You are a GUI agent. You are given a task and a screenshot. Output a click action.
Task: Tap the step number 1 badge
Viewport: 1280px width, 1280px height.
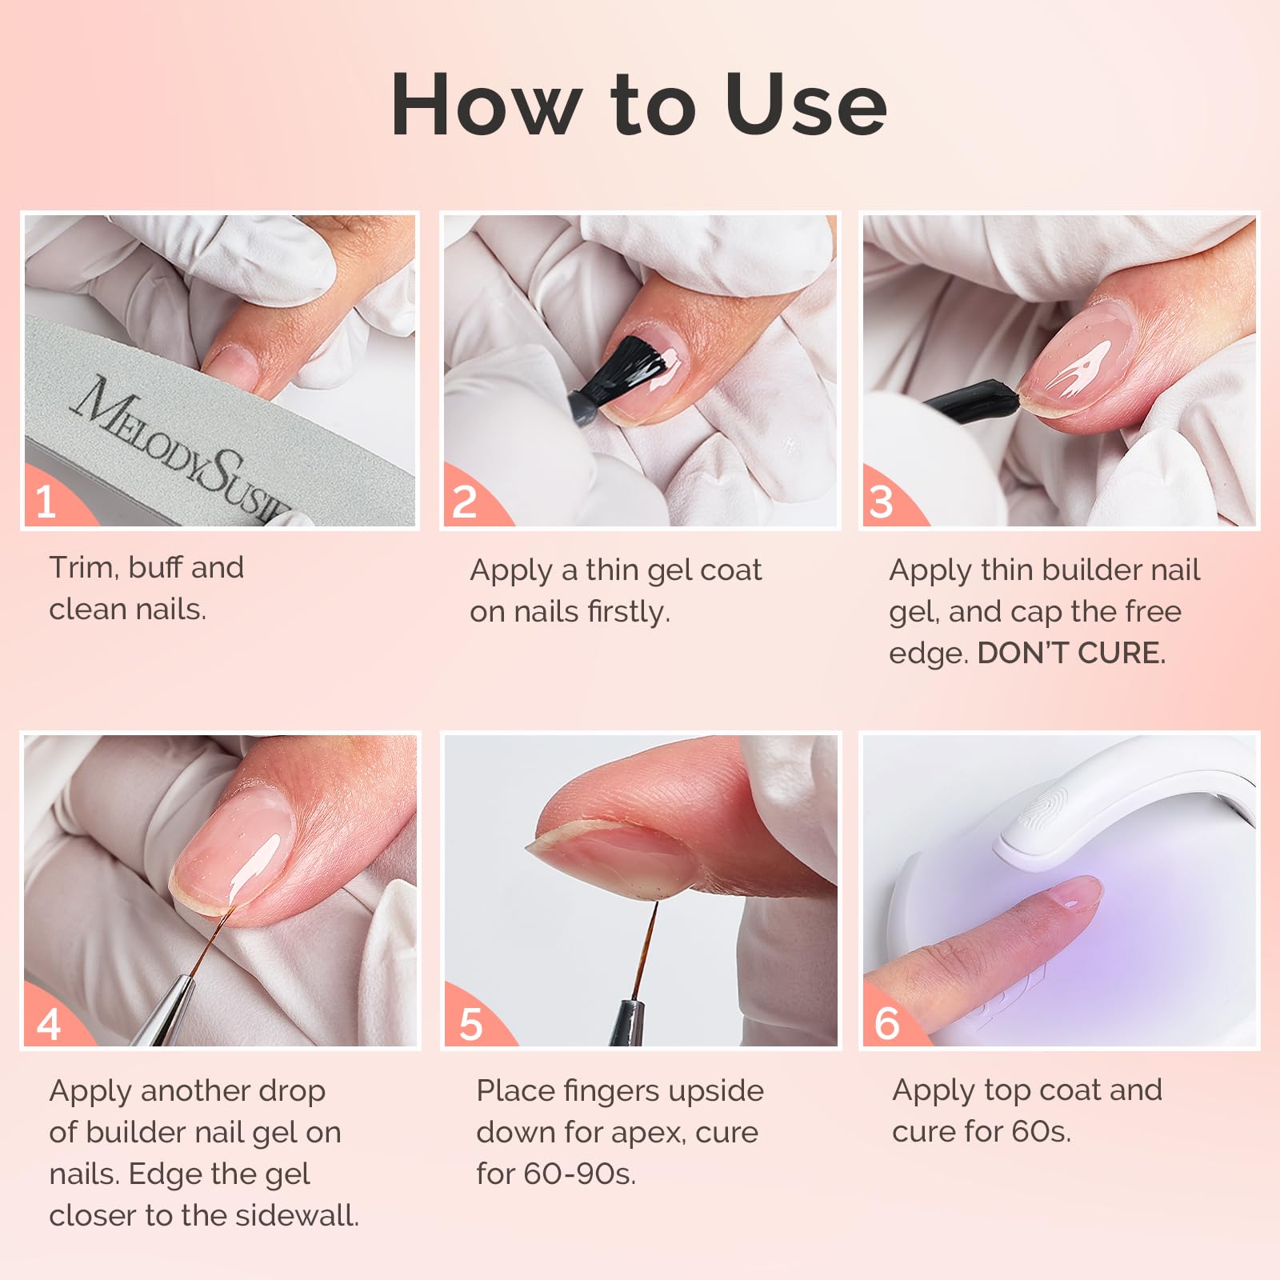point(46,502)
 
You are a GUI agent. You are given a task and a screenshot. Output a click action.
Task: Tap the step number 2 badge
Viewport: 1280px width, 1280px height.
point(465,502)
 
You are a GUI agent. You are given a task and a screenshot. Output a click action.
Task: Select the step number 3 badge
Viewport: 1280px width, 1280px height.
point(881,502)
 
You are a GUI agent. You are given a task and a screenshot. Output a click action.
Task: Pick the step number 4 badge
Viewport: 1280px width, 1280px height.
point(48,1024)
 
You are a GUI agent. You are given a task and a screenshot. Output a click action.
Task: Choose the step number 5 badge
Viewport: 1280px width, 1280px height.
point(470,1024)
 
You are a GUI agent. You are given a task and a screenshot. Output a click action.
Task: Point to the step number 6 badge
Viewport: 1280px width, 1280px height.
point(886,1024)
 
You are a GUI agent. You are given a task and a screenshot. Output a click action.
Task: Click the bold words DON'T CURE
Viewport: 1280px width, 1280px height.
point(1071,654)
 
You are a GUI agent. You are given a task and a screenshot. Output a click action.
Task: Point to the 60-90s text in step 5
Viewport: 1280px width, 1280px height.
point(579,1174)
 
